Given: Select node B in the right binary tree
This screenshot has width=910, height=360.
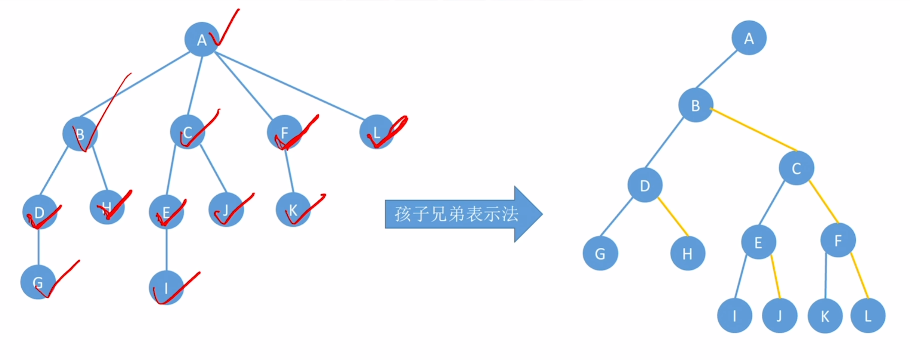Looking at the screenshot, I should pyautogui.click(x=696, y=105).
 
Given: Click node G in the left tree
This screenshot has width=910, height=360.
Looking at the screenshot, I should pyautogui.click(x=38, y=282).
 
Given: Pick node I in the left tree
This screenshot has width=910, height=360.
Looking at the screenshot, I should pyautogui.click(x=166, y=288).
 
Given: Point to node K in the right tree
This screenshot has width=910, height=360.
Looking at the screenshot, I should pyautogui.click(x=825, y=316).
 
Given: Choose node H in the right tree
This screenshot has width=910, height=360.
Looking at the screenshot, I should pyautogui.click(x=687, y=254).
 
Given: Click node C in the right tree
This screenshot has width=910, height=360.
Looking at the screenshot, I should pyautogui.click(x=796, y=168).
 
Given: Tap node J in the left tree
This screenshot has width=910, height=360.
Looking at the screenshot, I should pyautogui.click(x=226, y=210).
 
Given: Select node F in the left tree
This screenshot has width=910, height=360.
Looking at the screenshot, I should pyautogui.click(x=284, y=132).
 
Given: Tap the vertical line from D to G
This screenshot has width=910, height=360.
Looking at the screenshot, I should pyautogui.click(x=38, y=246).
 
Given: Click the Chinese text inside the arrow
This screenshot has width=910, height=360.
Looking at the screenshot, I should pyautogui.click(x=456, y=214).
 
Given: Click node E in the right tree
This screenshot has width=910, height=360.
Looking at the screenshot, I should pyautogui.click(x=758, y=242).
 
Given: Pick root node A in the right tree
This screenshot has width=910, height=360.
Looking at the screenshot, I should pyautogui.click(x=749, y=38).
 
